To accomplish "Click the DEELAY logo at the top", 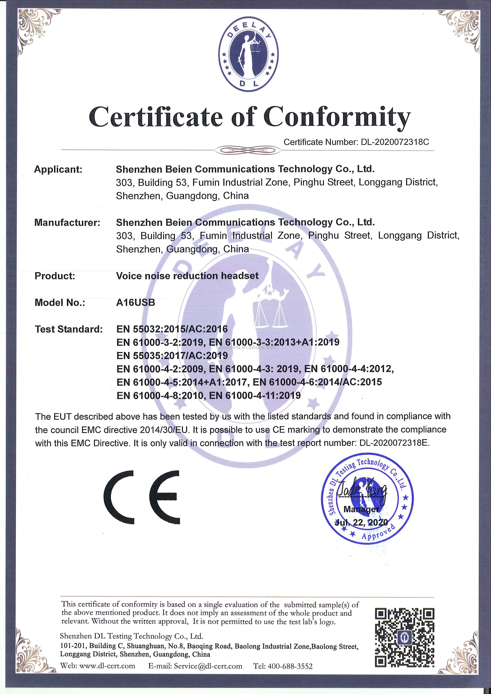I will [248, 55].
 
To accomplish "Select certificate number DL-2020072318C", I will [395, 142].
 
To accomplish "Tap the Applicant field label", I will [58, 169].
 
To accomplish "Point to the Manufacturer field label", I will [67, 222].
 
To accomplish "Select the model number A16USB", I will [136, 302].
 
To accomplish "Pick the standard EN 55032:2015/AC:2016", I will [172, 329].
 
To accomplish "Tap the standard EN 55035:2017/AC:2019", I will [172, 355].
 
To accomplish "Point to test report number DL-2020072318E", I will [394, 443].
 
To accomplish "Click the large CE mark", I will [142, 497].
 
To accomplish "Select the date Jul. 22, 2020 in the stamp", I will [361, 522].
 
